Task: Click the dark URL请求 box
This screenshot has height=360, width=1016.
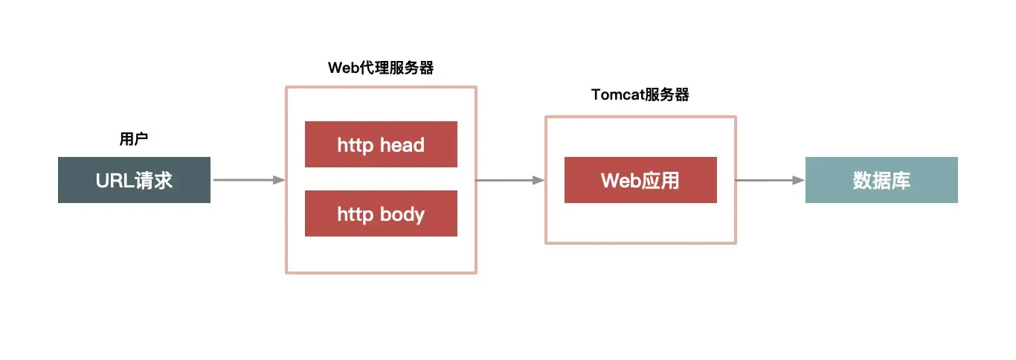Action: [134, 180]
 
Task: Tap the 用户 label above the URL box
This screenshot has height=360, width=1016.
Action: [134, 139]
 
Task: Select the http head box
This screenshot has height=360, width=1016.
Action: [381, 144]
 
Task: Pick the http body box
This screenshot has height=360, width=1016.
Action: [381, 214]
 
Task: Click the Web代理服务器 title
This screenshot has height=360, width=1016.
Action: [381, 68]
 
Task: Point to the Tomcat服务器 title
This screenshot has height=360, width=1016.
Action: [640, 94]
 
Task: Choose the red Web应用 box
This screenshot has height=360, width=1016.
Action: [640, 180]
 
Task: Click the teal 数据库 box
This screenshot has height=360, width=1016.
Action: [881, 180]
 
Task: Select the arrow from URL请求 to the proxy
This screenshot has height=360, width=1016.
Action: [248, 180]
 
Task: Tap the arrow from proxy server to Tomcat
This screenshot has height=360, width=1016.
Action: [510, 180]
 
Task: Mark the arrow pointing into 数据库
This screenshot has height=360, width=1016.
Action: [771, 180]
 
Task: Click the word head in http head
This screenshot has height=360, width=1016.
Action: [402, 144]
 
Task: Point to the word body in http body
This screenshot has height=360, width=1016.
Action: [402, 214]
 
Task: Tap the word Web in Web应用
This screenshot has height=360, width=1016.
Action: [620, 180]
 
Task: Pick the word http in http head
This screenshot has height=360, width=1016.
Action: [355, 144]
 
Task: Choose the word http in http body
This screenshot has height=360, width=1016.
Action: [355, 214]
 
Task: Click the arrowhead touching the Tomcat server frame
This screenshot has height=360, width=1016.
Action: [540, 180]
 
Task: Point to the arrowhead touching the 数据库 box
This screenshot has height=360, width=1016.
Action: [800, 180]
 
